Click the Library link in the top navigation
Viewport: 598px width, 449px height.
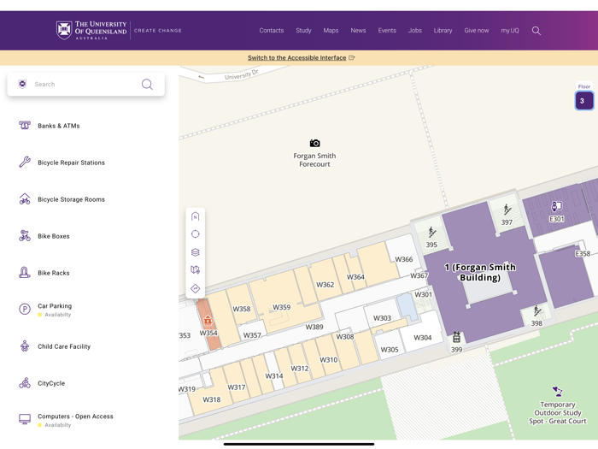443,31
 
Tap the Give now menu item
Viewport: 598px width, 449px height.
477,31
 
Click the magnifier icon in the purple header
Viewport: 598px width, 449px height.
536,31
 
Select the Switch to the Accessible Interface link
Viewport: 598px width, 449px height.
297,58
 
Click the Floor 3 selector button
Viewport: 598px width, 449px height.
583,101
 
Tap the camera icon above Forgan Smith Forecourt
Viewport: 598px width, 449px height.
314,144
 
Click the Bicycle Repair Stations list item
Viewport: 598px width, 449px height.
71,162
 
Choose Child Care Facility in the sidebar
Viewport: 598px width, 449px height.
64,346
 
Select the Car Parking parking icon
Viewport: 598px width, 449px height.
25,310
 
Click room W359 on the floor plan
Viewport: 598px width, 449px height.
281,307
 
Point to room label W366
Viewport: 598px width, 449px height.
403,259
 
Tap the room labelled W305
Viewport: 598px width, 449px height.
390,349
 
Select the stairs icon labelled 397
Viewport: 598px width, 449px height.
507,210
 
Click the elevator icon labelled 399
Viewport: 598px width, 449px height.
456,338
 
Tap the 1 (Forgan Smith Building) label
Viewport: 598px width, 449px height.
479,272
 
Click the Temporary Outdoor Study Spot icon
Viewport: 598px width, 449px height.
557,392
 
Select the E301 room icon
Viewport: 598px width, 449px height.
556,207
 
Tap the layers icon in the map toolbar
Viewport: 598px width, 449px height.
196,252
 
